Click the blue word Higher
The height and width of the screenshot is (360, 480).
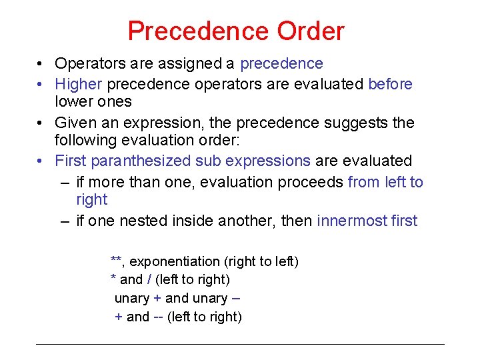(x=79, y=84)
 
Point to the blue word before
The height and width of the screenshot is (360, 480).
(x=390, y=84)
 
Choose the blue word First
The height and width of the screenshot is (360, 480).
(x=70, y=161)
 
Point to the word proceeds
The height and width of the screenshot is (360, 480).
(x=311, y=182)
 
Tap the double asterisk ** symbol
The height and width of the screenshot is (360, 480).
(x=115, y=260)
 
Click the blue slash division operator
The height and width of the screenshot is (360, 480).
(x=149, y=280)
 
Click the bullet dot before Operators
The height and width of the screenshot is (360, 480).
(x=41, y=65)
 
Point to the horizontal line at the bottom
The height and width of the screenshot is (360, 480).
(x=240, y=344)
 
